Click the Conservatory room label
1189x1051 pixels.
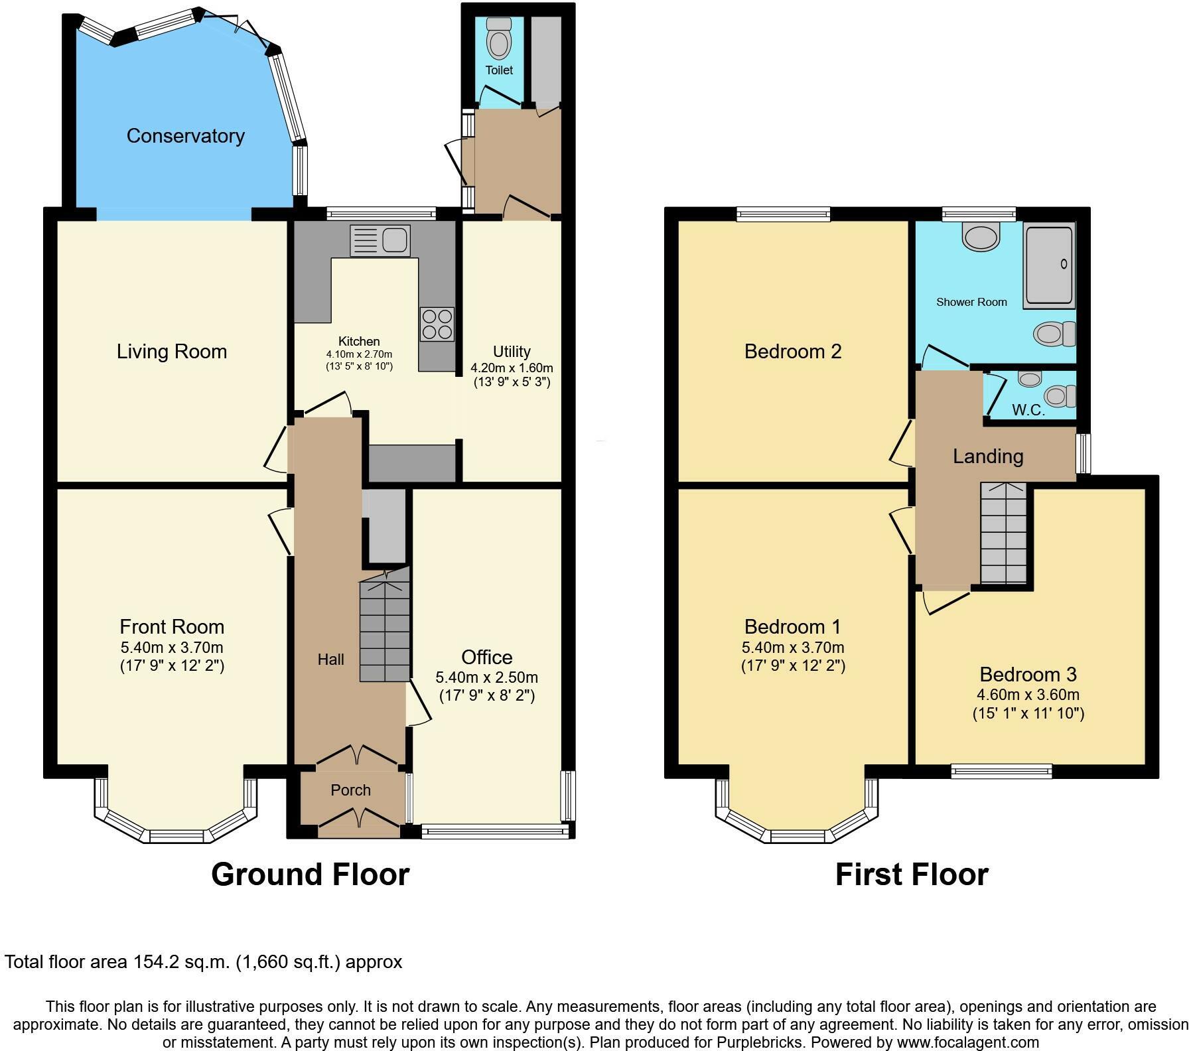coord(185,136)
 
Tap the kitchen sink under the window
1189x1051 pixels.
coord(380,240)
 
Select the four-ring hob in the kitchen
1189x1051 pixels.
coord(437,324)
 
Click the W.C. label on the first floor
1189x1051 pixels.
coord(1028,410)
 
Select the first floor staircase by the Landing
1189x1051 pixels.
coord(1003,534)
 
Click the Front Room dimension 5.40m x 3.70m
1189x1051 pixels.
coord(171,647)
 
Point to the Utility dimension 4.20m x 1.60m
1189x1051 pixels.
coord(512,368)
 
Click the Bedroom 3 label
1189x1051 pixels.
coord(1028,674)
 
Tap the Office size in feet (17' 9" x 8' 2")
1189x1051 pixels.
coord(486,695)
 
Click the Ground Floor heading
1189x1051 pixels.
coord(310,875)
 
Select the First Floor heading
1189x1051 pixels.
coord(911,875)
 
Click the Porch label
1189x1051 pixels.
coord(350,790)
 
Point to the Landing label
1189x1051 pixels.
coord(988,456)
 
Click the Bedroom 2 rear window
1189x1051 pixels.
coord(783,214)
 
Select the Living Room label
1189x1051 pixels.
coord(172,351)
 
